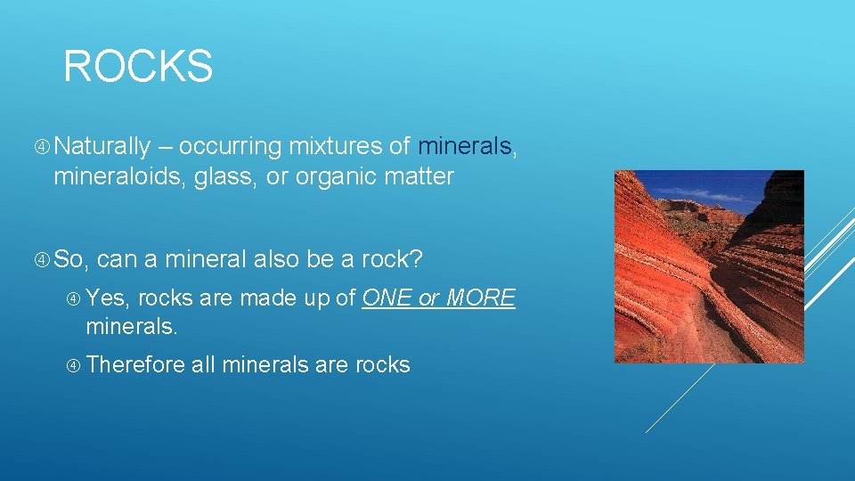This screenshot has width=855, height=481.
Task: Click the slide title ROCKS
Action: click(138, 67)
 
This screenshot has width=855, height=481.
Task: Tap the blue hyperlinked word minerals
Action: click(465, 146)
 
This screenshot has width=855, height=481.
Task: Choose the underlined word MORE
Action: click(480, 298)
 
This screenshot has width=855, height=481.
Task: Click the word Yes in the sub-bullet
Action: click(108, 298)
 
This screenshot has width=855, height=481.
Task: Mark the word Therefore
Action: click(136, 365)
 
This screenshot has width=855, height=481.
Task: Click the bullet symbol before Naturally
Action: click(45, 147)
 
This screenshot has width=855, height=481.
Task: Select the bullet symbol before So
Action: click(45, 260)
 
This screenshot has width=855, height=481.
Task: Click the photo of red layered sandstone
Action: click(709, 266)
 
